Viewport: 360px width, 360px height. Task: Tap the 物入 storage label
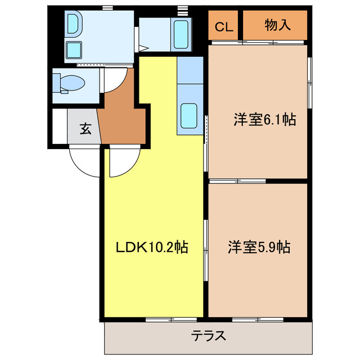[x=277, y=25]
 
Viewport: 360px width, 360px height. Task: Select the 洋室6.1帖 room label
[x=264, y=119]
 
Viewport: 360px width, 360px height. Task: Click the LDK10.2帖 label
[x=151, y=246]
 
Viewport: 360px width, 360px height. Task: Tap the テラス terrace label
[x=209, y=336]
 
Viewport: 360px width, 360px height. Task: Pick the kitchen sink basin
[x=188, y=116]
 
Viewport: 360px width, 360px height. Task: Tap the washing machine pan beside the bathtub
[x=181, y=34]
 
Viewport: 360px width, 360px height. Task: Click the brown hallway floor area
[x=120, y=115]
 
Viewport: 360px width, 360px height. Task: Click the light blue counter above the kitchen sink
[x=190, y=70]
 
